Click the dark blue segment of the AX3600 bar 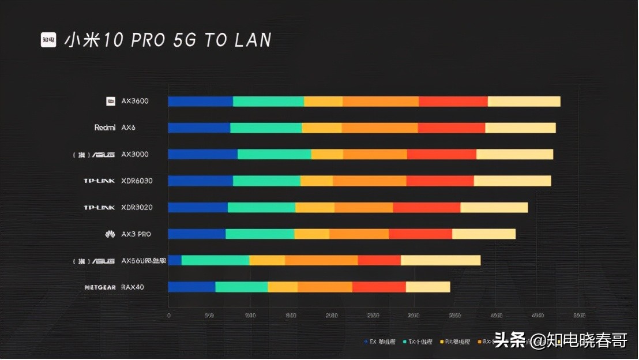200,102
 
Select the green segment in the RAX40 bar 241,287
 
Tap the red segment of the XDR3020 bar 426,208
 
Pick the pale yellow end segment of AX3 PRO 483,234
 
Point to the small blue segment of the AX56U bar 175,261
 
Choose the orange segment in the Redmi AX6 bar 379,128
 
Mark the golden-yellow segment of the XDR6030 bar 316,181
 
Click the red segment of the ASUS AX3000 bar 441,155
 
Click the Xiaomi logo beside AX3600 111,102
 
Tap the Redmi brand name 105,128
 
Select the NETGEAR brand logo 100,287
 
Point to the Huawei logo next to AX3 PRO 110,234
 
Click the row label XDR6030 137,181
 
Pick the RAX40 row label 133,287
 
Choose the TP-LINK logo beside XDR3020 99,208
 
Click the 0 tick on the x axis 168,316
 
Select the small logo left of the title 48,40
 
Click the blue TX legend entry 381,342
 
